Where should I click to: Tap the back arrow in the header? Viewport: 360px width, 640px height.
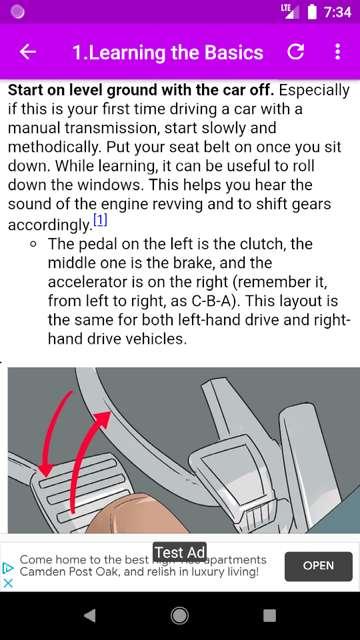(27, 52)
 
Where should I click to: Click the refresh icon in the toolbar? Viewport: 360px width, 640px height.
(295, 52)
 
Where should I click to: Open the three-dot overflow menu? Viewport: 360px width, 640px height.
(338, 52)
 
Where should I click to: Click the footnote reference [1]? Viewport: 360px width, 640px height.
(100, 221)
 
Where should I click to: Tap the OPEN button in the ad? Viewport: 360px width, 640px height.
(318, 566)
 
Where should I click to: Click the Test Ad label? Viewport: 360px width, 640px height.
(180, 552)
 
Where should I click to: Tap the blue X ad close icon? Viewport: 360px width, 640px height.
(8, 583)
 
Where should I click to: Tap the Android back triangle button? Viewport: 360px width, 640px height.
(89, 616)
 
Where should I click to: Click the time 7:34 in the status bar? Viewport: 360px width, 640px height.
(337, 12)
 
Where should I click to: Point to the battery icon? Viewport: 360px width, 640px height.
(312, 12)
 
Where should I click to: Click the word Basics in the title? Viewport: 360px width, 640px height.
(234, 53)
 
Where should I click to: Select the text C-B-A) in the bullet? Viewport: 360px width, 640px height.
(216, 302)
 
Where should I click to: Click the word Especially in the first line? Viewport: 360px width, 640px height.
(314, 91)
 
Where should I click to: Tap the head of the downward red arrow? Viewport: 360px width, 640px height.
(44, 470)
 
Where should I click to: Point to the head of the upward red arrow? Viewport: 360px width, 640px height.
(103, 419)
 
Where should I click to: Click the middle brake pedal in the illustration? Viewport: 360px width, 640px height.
(229, 469)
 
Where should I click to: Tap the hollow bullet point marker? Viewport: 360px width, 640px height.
(33, 245)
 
